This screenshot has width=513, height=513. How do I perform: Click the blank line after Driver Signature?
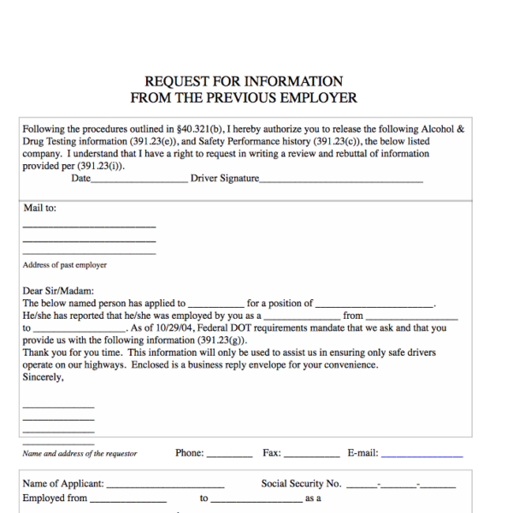[341, 180]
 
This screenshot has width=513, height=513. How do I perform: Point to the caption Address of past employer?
[64, 265]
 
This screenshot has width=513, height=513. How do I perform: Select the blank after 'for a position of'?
[375, 304]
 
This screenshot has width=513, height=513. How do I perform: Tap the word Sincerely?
[43, 376]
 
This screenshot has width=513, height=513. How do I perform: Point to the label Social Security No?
[301, 484]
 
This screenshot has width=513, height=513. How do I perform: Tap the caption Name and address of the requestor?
[80, 454]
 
